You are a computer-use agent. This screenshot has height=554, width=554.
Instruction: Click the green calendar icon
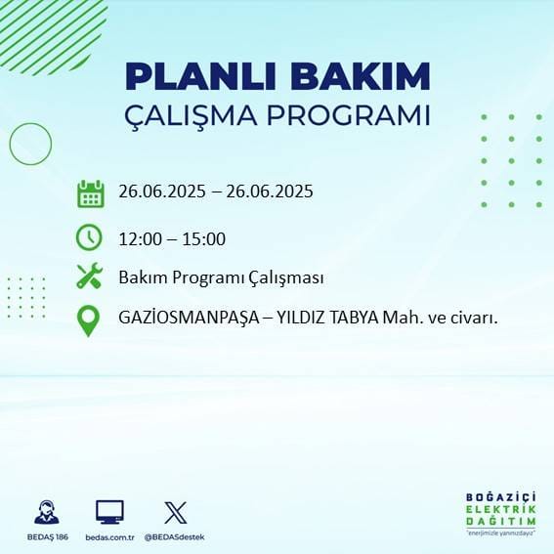coord(90,193)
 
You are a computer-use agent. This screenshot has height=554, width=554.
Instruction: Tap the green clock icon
coord(89,236)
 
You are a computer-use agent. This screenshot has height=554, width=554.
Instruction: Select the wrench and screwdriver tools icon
coord(89,277)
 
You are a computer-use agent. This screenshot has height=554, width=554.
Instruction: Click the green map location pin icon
coord(88,320)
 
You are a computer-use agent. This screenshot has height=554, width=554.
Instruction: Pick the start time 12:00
coord(138,238)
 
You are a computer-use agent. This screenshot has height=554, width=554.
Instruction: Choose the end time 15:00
coord(206,238)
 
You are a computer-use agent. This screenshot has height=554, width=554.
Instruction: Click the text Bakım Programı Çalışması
coord(221,278)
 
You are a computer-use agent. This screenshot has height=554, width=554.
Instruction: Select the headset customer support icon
coord(45,512)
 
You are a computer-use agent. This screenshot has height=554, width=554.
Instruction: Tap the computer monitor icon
coord(109,512)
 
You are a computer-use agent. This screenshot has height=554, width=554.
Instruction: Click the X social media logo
coord(176,512)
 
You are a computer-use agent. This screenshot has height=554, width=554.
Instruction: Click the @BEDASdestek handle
coord(176,537)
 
